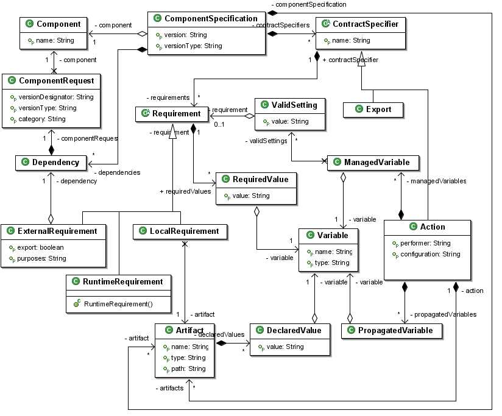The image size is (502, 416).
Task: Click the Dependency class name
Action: click(55, 162)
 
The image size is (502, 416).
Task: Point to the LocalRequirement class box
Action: click(180, 231)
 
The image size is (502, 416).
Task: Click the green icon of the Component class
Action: click(28, 24)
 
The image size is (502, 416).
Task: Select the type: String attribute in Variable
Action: click(331, 263)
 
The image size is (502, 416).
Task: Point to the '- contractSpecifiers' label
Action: click(281, 24)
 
